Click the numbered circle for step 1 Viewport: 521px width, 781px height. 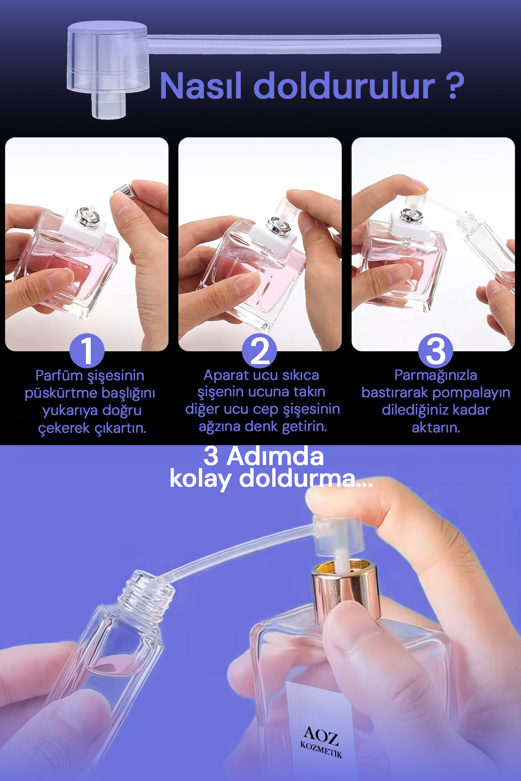(x=87, y=351)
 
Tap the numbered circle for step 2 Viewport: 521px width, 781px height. (x=259, y=351)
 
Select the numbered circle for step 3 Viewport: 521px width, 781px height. (x=435, y=351)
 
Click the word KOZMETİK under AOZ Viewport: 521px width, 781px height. (x=321, y=750)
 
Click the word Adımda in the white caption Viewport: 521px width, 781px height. (x=275, y=456)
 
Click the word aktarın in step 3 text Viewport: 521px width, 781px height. (x=435, y=428)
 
